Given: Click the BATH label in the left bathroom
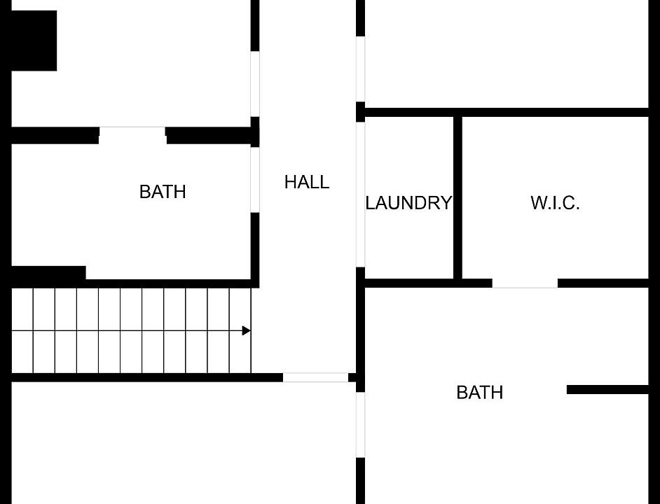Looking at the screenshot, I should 163,192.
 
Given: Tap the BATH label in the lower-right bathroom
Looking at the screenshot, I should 479,393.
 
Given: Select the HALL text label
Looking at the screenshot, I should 306,183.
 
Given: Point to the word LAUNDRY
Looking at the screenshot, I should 408,204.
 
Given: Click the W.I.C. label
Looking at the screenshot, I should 555,204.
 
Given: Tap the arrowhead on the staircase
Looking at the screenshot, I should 246,330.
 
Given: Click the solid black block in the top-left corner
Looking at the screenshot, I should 32,41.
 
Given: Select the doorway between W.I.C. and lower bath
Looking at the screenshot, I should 525,283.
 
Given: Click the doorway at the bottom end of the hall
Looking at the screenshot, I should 315,377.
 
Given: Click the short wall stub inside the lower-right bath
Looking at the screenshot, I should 607,389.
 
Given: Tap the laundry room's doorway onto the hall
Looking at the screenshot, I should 360,195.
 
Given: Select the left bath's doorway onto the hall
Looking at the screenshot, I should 255,179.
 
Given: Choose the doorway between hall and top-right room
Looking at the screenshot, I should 360,69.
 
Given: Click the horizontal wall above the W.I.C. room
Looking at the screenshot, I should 554,112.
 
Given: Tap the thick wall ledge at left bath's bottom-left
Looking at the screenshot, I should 48,273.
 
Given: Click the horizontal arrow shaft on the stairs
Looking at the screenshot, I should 126,330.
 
